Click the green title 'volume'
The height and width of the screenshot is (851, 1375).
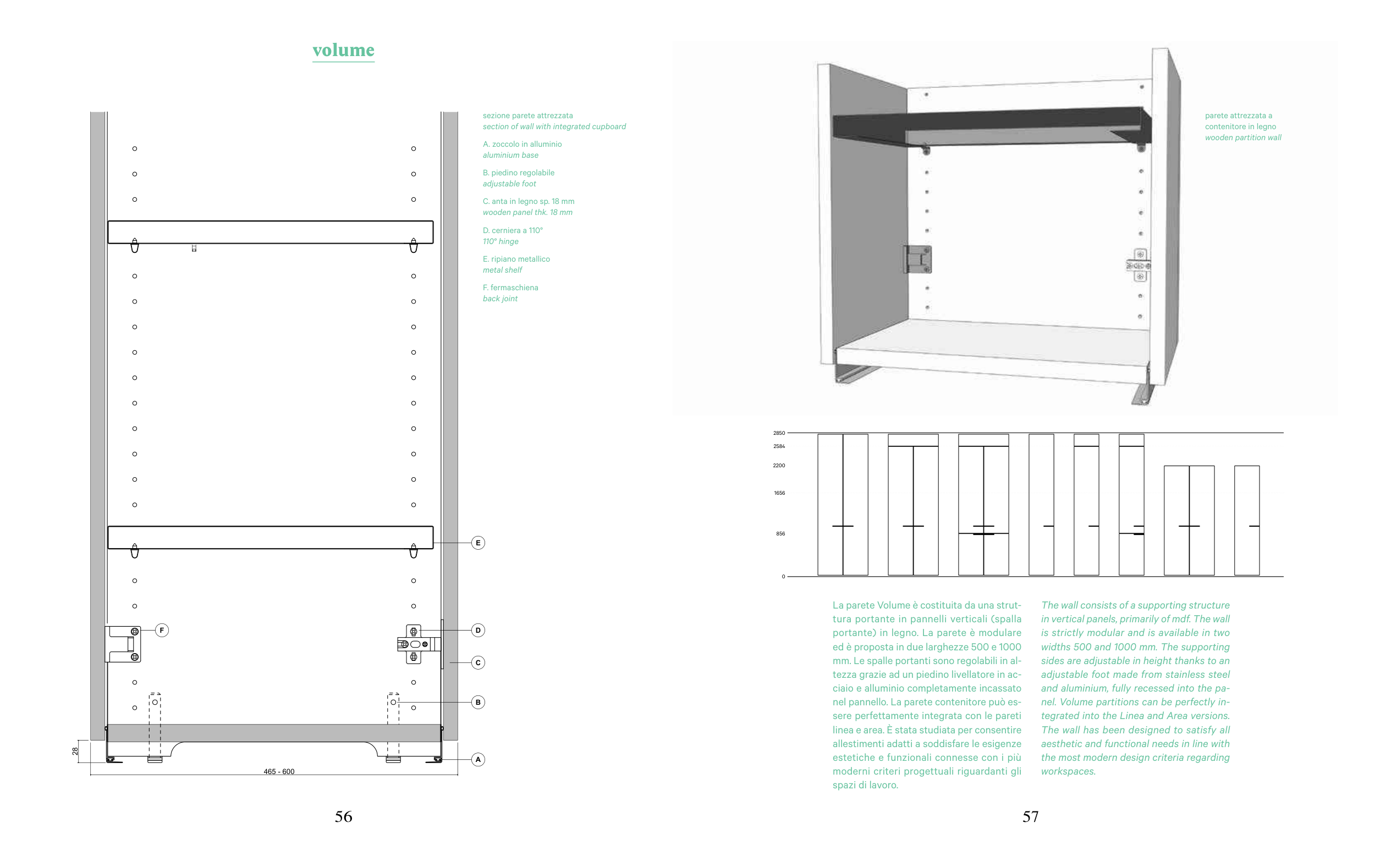click(343, 50)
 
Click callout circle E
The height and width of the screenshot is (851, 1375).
click(478, 543)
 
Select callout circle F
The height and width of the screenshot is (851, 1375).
click(162, 631)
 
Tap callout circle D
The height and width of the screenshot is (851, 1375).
click(478, 631)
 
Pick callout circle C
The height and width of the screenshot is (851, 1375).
click(478, 662)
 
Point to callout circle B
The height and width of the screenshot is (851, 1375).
click(478, 702)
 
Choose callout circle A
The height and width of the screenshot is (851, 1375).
click(478, 759)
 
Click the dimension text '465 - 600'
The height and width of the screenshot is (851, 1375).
click(279, 771)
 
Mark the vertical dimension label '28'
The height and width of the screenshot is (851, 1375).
click(75, 751)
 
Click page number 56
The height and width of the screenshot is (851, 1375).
click(343, 816)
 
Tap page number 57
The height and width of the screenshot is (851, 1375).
click(1030, 816)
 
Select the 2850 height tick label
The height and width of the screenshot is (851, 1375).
click(779, 433)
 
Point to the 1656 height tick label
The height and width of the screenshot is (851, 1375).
click(779, 493)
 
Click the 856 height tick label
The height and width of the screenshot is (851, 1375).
click(780, 534)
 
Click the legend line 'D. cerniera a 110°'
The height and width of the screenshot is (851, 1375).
click(513, 230)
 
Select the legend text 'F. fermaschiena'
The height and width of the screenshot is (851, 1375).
click(510, 288)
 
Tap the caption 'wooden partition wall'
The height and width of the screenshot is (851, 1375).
click(1242, 137)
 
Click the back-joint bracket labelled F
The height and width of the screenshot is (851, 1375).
click(123, 644)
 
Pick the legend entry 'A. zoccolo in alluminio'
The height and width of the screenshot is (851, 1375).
click(522, 144)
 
